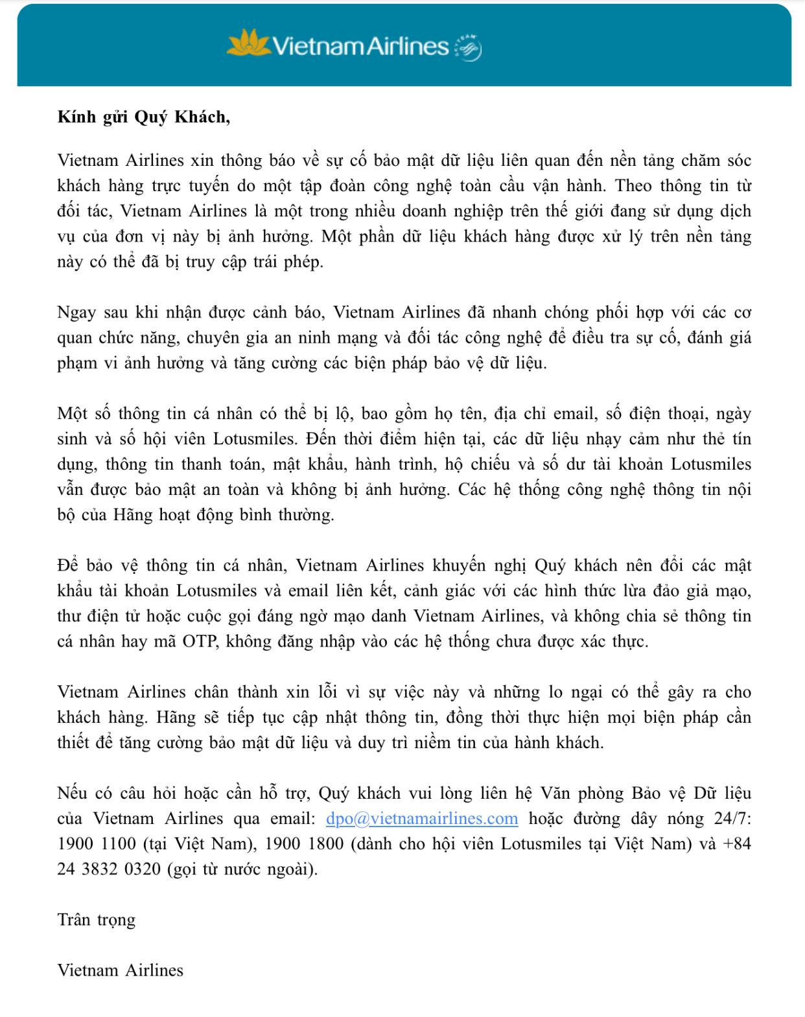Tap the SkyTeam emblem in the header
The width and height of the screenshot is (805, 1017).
pos(469,47)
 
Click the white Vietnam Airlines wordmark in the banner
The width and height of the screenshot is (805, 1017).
pos(360,46)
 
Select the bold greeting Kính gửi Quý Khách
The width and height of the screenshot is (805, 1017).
pos(143,117)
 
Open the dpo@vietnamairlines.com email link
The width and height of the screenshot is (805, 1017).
pos(422,818)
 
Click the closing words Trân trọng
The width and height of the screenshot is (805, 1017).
pos(97,920)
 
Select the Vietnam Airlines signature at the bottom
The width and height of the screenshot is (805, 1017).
pos(121,970)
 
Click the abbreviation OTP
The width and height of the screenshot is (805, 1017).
pos(200,641)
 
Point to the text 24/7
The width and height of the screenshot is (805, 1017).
pos(732,818)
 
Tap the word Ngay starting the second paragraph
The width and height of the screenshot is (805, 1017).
pos(76,312)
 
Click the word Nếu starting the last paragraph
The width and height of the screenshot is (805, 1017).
pos(72,793)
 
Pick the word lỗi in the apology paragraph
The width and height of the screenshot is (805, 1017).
pos(327,692)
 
